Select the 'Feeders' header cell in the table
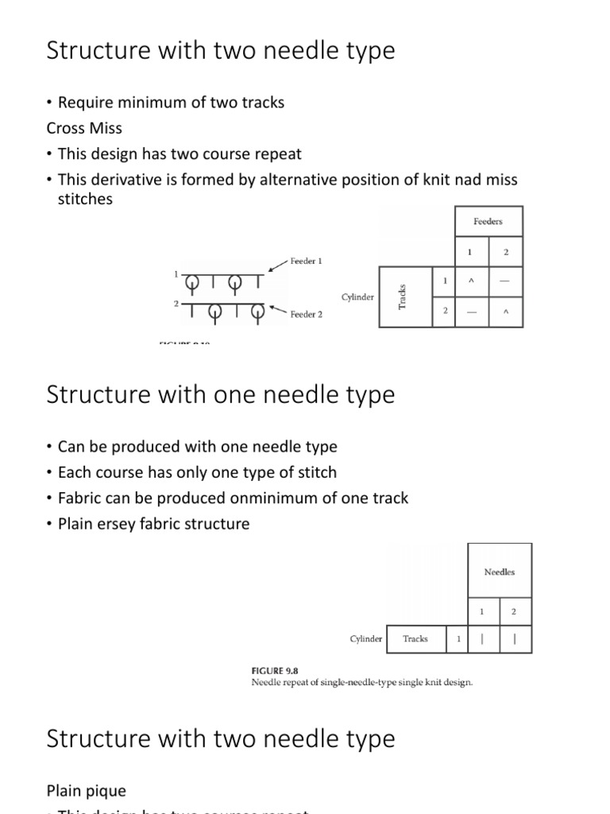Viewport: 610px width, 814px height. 488,221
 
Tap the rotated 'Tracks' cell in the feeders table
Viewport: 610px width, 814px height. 403,297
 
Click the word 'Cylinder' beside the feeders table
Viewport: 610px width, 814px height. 357,297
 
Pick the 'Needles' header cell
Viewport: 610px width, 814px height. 500,572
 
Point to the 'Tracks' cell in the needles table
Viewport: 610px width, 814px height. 415,638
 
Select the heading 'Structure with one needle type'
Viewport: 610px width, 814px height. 220,395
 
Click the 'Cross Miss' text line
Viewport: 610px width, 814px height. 83,127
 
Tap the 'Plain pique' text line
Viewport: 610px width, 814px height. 86,791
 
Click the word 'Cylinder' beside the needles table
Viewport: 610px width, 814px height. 366,638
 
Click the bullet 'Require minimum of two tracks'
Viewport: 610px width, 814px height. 171,103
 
